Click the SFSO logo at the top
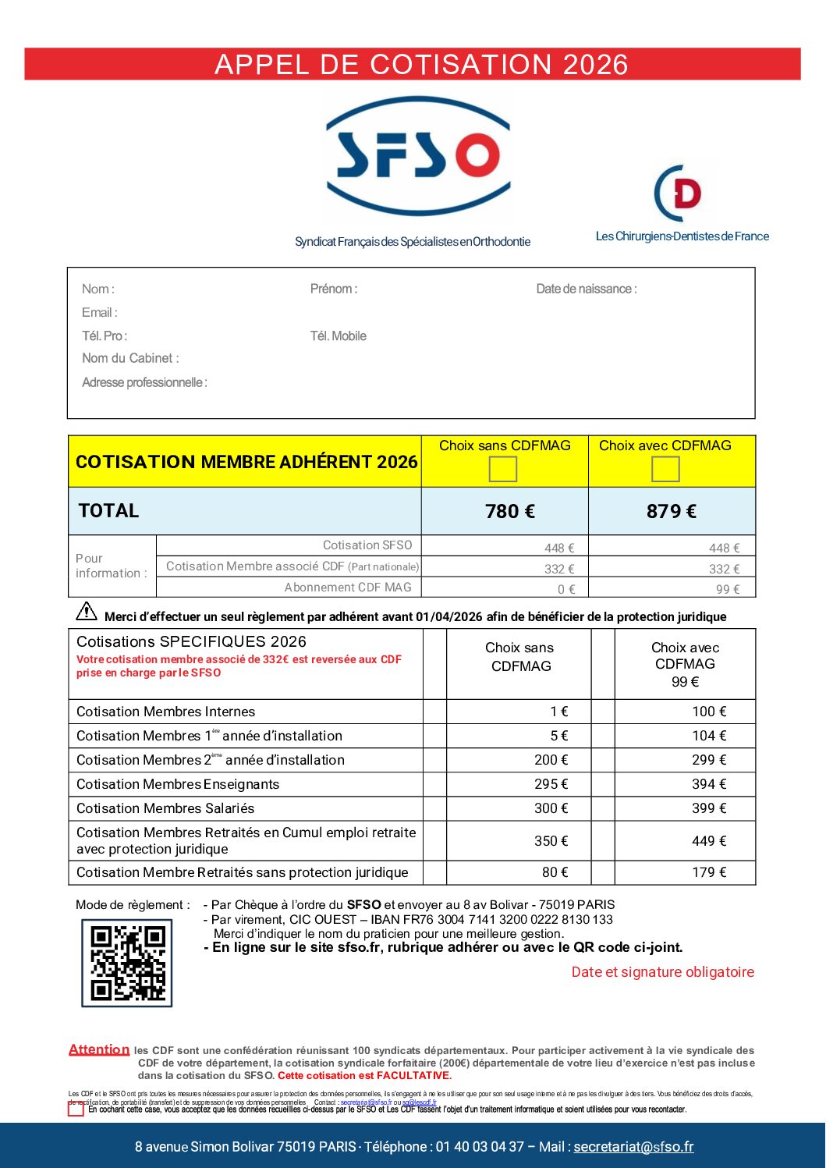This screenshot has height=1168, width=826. (x=418, y=156)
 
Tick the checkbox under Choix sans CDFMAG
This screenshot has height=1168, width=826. (x=503, y=469)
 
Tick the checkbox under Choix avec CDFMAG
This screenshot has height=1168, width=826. (x=665, y=469)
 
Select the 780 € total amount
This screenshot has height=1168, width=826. (x=510, y=511)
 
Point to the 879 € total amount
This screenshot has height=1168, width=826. (x=672, y=511)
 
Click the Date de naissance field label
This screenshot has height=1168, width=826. (x=586, y=289)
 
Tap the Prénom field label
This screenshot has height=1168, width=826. (x=334, y=289)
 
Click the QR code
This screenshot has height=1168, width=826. (x=127, y=963)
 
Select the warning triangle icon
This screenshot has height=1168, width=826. (x=87, y=611)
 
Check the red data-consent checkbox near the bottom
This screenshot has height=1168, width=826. (x=76, y=1109)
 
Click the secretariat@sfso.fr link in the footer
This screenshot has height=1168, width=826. (x=633, y=1146)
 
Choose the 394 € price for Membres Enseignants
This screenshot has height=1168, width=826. (x=709, y=784)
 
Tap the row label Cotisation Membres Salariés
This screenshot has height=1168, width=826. (x=165, y=808)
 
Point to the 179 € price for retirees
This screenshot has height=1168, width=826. (x=709, y=872)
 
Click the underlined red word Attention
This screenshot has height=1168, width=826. (x=99, y=1049)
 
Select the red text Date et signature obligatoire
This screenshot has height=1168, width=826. (x=663, y=972)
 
